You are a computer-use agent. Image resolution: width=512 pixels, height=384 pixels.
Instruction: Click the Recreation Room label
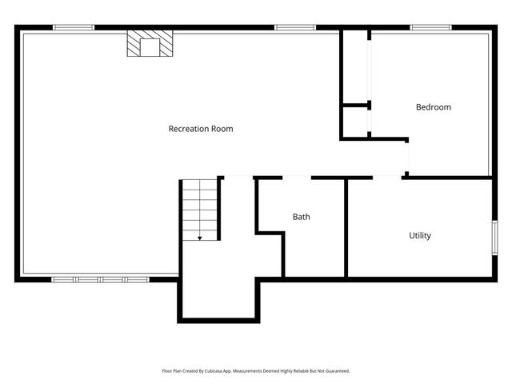(x=201, y=129)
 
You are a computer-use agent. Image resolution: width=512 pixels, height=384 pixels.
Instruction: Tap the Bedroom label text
(x=433, y=107)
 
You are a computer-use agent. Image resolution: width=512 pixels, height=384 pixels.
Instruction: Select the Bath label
(x=301, y=217)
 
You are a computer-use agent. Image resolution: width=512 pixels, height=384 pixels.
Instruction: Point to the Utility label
(x=420, y=235)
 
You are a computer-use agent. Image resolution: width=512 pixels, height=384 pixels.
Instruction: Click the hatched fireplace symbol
(x=150, y=45)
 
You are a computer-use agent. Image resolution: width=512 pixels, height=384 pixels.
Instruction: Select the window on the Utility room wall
(x=494, y=238)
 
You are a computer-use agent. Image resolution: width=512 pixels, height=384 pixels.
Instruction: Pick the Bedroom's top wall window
(x=431, y=28)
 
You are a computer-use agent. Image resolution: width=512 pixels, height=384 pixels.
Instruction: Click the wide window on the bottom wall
(x=100, y=279)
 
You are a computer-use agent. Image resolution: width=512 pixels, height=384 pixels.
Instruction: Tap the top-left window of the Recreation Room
(x=74, y=28)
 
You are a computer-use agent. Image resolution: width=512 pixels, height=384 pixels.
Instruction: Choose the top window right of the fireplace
(x=294, y=28)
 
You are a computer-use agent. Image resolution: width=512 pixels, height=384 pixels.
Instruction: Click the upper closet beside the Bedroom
(x=354, y=67)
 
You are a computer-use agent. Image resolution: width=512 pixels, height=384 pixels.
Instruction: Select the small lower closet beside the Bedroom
(x=354, y=122)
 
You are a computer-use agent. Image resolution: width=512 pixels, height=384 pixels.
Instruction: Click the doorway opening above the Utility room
(x=374, y=177)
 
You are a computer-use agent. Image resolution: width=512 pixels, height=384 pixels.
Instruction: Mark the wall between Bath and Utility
(x=346, y=227)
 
